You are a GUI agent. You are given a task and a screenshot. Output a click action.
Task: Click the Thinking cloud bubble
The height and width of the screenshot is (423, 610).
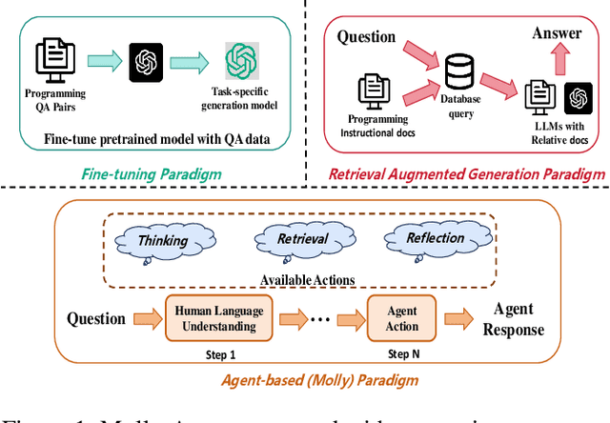tap(161, 241)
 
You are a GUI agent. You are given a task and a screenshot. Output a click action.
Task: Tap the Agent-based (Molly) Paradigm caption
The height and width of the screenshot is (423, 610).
tap(308, 381)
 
